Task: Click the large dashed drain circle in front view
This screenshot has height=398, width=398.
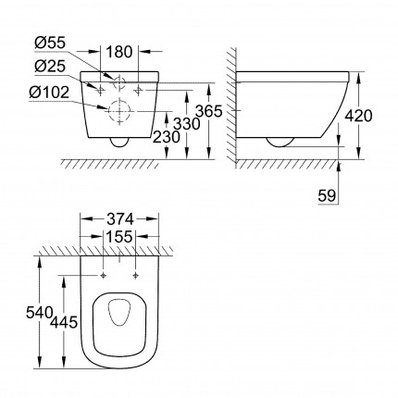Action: tap(119, 110)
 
